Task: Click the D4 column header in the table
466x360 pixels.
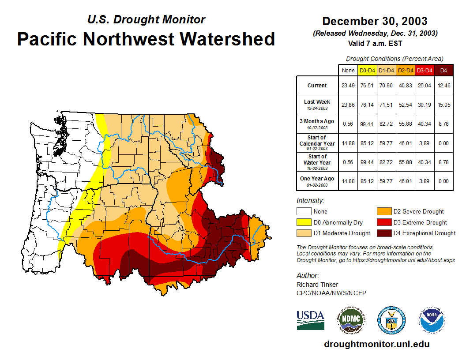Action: click(443, 71)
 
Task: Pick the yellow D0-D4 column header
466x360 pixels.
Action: click(368, 71)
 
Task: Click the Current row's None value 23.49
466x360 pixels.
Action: click(348, 86)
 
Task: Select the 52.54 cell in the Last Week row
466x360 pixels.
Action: click(406, 105)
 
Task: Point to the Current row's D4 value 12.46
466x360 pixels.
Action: click(443, 86)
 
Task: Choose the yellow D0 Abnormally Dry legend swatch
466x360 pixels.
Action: click(303, 222)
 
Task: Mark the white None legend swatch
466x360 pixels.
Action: click(303, 212)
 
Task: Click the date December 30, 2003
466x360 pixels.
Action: click(375, 21)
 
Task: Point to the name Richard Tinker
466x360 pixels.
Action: click(317, 285)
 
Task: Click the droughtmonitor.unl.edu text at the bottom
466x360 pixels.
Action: click(376, 344)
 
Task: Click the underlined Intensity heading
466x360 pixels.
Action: click(310, 201)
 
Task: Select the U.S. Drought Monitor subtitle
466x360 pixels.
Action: click(147, 20)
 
